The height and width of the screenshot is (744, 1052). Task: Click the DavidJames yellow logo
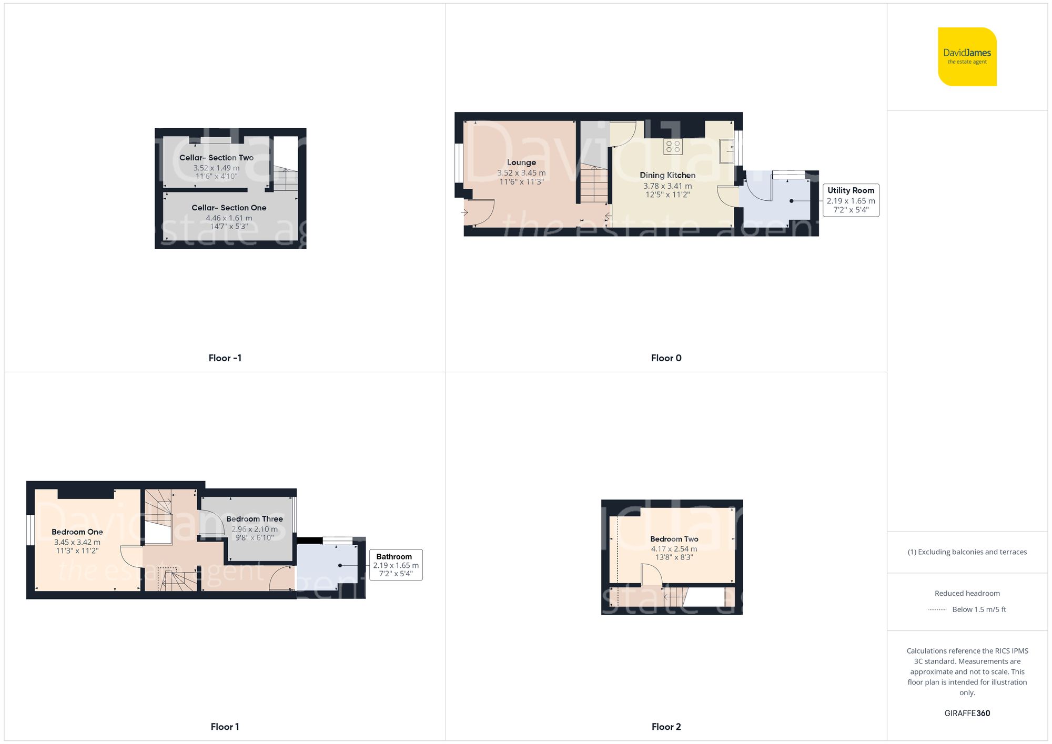[967, 57]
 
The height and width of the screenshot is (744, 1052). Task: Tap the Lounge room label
[521, 162]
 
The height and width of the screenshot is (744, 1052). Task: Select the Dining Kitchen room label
[667, 175]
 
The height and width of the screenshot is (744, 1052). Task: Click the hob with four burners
[673, 146]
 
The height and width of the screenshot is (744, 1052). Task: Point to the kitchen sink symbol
[727, 150]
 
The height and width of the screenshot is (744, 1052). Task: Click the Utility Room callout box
[851, 200]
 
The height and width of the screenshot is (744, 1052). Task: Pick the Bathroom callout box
[396, 565]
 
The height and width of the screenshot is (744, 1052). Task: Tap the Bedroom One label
[77, 532]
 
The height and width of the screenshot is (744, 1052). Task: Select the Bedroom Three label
[255, 519]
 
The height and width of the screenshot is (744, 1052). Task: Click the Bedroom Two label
[674, 539]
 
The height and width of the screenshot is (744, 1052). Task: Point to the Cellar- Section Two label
[216, 158]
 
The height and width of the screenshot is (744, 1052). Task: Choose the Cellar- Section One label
[229, 208]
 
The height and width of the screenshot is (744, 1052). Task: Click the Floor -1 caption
[225, 358]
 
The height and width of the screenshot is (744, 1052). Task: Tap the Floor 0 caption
[666, 358]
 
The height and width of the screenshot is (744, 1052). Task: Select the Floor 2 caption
[666, 727]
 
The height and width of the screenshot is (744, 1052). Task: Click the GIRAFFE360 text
[967, 714]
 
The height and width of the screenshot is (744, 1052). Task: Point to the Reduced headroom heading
[967, 593]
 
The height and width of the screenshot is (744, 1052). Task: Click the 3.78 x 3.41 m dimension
[667, 186]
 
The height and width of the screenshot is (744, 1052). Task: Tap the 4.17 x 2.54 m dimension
[674, 549]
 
